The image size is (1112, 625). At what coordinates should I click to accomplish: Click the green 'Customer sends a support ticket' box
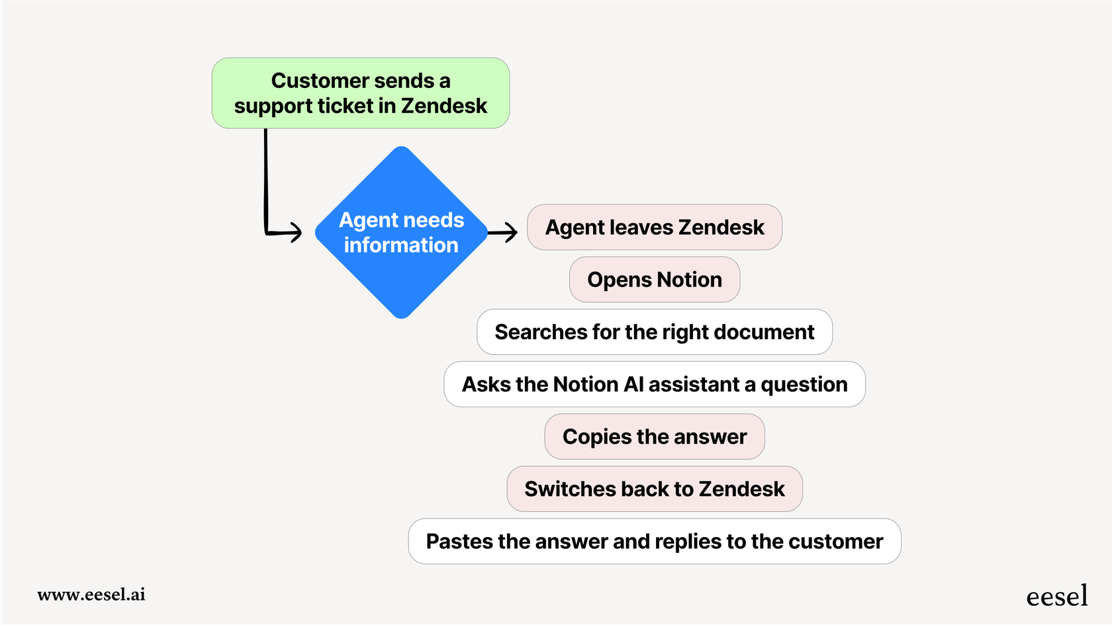[x=360, y=93]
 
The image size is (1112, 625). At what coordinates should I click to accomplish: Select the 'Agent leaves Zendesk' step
[x=654, y=228]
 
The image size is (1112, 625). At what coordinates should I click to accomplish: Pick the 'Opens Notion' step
[x=654, y=280]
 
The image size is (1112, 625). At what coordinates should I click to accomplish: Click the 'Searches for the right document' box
[x=654, y=332]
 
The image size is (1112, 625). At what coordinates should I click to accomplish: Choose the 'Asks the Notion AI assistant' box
[x=654, y=384]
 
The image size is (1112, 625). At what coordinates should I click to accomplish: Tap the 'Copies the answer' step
[x=654, y=437]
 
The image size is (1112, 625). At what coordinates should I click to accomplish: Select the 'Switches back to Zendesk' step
[x=654, y=489]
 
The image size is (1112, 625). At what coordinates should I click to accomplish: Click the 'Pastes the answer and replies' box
[x=654, y=541]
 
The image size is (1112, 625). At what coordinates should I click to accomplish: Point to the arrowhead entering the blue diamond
[x=295, y=232]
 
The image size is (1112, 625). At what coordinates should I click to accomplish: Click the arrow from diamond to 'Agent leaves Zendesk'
[x=503, y=232]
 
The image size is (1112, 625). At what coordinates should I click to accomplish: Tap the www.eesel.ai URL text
[x=91, y=594]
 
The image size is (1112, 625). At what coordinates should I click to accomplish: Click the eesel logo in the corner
[x=1056, y=596]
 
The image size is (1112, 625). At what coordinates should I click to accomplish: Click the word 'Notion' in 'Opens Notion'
[x=689, y=280]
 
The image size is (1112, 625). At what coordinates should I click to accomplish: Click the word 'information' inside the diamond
[x=401, y=245]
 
